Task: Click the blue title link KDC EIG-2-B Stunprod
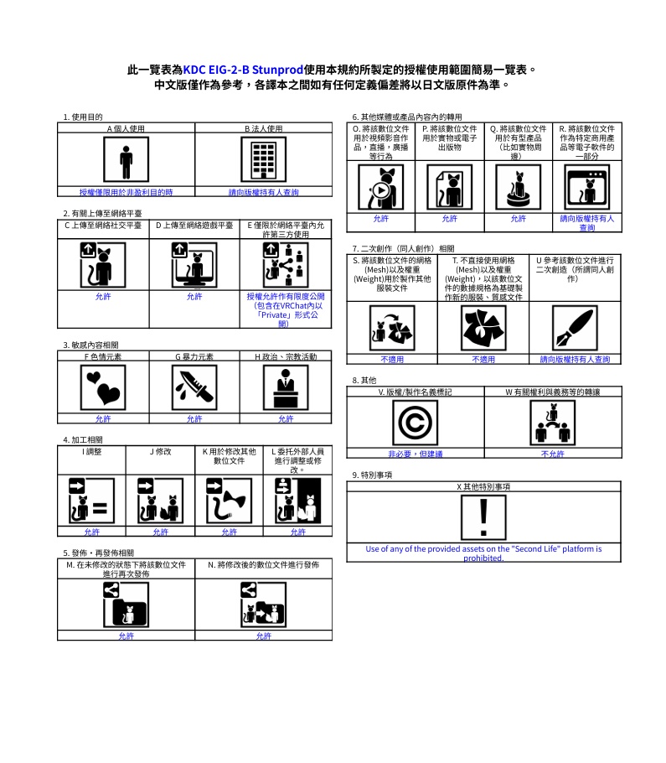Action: (243, 70)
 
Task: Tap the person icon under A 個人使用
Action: (126, 159)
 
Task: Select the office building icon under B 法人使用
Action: (264, 159)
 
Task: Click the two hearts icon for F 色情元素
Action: (103, 388)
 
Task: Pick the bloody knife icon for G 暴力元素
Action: (194, 388)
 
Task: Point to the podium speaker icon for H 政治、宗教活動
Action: (286, 388)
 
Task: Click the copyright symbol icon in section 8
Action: (416, 423)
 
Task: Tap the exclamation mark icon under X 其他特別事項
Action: (483, 517)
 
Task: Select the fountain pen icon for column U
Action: (575, 328)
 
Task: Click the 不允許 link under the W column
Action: (553, 454)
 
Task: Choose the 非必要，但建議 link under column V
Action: (416, 454)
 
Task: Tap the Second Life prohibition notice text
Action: (483, 553)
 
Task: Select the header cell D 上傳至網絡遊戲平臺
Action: (194, 226)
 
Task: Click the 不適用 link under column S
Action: (392, 360)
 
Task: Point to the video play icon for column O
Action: (381, 187)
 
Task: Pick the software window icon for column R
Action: (587, 187)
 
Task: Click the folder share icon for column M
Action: (126, 605)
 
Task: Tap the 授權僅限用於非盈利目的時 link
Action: (126, 192)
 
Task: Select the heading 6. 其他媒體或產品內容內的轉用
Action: (407, 117)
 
